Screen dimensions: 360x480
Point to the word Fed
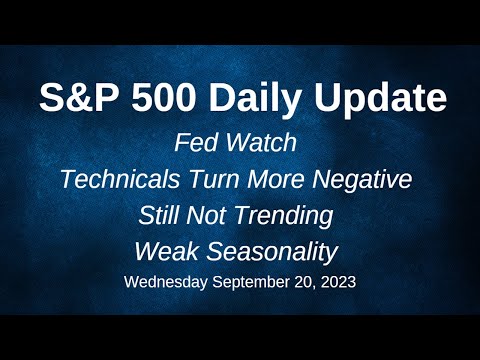tap(194, 143)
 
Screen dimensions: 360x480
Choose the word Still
tap(166, 214)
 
